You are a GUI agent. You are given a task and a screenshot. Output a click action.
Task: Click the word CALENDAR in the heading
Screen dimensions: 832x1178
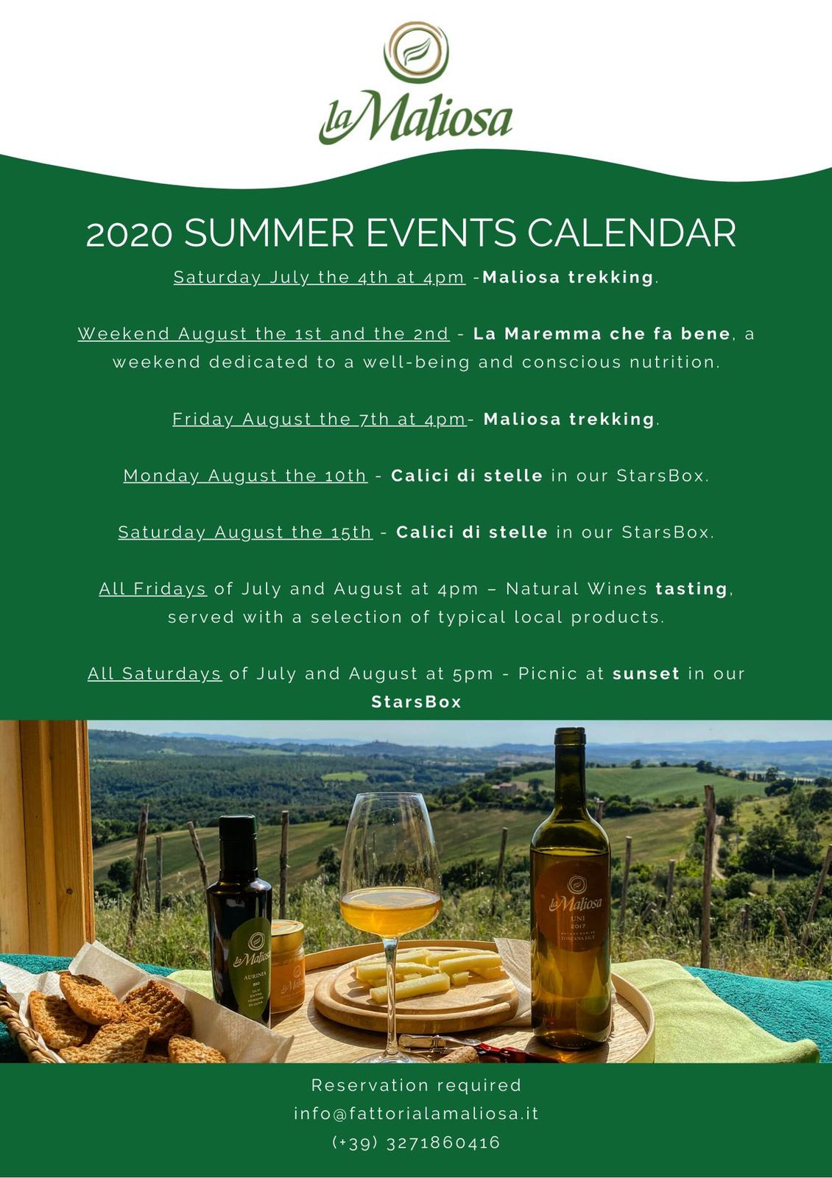(631, 233)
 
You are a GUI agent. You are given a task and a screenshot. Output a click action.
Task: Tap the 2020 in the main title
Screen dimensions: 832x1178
(130, 234)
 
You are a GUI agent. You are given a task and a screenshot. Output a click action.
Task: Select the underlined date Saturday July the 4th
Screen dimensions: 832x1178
(320, 277)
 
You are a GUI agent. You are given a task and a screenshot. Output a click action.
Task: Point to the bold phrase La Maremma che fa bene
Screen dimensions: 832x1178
(602, 334)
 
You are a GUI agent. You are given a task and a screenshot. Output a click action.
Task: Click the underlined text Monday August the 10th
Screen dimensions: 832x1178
(245, 476)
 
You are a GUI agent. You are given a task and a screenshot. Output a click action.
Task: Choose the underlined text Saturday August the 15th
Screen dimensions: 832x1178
(245, 532)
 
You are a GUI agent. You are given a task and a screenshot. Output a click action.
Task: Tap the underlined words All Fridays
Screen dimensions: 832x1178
(152, 588)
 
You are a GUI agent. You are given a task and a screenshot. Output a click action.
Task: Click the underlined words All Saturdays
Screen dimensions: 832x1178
(154, 674)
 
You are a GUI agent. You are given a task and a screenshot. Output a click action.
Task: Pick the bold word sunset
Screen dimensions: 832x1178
(646, 674)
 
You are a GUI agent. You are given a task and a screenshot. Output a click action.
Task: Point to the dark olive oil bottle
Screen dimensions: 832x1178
(239, 920)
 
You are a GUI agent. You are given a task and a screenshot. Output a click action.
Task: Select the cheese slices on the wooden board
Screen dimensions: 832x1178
(429, 971)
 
